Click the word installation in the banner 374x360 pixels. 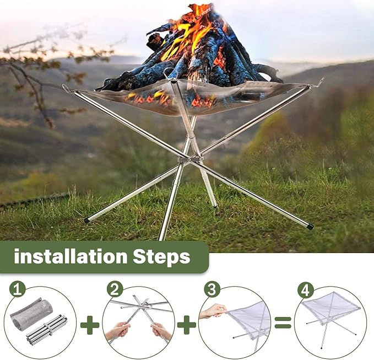[71, 256]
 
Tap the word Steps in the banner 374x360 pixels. [161, 257]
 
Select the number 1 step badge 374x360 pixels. [17, 289]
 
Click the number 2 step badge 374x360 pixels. [115, 289]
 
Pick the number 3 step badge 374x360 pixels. [212, 289]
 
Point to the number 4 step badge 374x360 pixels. [306, 289]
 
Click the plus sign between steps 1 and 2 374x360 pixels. [90, 325]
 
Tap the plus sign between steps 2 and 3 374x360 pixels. [187, 325]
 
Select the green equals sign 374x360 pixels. [283, 323]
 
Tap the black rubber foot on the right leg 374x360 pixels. [310, 226]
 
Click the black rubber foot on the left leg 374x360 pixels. [86, 220]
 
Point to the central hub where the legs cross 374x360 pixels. [190, 159]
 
